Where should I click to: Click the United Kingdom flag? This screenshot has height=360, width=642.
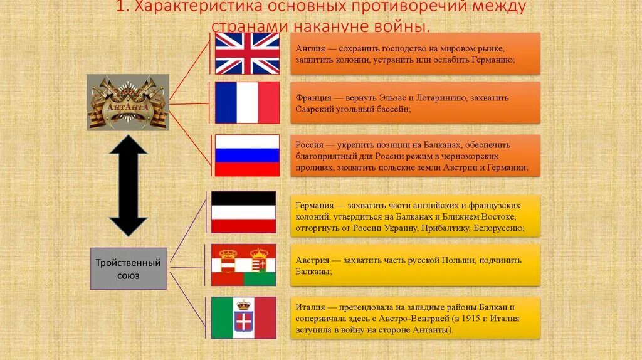pos(247,53)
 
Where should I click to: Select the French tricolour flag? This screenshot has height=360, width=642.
pos(247,102)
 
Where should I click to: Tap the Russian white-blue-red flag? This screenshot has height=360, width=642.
pos(247,155)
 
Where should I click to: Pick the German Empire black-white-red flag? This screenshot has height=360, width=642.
pos(243,212)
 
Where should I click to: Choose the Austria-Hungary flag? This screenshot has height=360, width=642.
pos(243,265)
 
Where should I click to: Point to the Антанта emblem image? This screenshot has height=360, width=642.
pos(128,102)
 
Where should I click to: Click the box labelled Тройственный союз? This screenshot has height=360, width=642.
pos(128,269)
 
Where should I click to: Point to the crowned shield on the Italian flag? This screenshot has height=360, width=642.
pos(243,317)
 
